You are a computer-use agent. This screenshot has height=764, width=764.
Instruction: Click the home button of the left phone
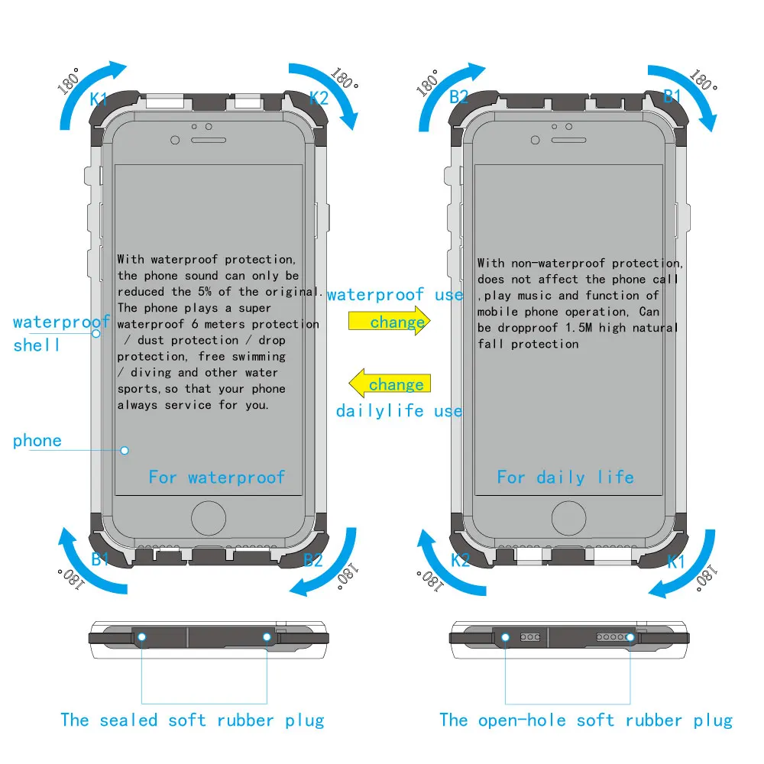[x=209, y=519]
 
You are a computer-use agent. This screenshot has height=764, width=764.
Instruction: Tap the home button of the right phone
[x=569, y=519]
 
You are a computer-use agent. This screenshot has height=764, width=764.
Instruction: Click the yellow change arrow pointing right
[x=390, y=322]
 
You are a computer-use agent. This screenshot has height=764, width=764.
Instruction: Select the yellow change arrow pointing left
[x=390, y=384]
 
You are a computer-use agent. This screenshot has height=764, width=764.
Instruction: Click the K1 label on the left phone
[x=99, y=99]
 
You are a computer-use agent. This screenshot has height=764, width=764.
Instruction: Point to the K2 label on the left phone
[x=319, y=98]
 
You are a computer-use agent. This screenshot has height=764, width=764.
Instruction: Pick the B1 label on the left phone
[x=101, y=559]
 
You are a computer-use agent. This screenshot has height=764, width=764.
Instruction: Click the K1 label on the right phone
[x=676, y=562]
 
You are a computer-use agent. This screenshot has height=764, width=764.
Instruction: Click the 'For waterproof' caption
[x=216, y=477]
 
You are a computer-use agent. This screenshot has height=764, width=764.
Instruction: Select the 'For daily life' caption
[x=565, y=477]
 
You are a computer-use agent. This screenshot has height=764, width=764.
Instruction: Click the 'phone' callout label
[x=37, y=441]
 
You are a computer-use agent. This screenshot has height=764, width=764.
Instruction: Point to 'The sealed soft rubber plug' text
[x=192, y=720]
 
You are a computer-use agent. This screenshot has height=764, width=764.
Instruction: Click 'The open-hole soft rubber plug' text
[x=585, y=720]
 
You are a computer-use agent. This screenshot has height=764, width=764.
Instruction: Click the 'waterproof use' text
[x=395, y=295]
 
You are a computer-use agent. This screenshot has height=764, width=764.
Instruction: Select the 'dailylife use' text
[x=399, y=411]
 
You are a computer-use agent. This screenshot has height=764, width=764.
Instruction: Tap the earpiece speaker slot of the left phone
[x=209, y=140]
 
